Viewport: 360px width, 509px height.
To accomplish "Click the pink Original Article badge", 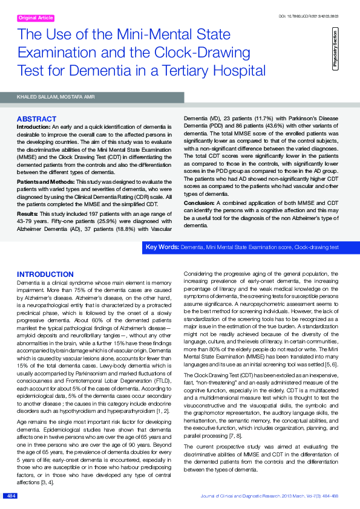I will coord(36,19).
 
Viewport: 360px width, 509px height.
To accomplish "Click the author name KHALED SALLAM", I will coord(38,97).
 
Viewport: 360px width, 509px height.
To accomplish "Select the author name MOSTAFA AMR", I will coord(81,97).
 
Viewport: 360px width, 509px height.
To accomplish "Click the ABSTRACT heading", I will coord(36,118).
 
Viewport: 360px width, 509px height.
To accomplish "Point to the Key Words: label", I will coord(162,248).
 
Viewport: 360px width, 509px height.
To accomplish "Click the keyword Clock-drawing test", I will coord(316,248).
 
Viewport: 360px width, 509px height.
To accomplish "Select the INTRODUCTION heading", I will coord(45,274).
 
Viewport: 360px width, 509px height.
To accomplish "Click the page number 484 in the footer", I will coord(10,496).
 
